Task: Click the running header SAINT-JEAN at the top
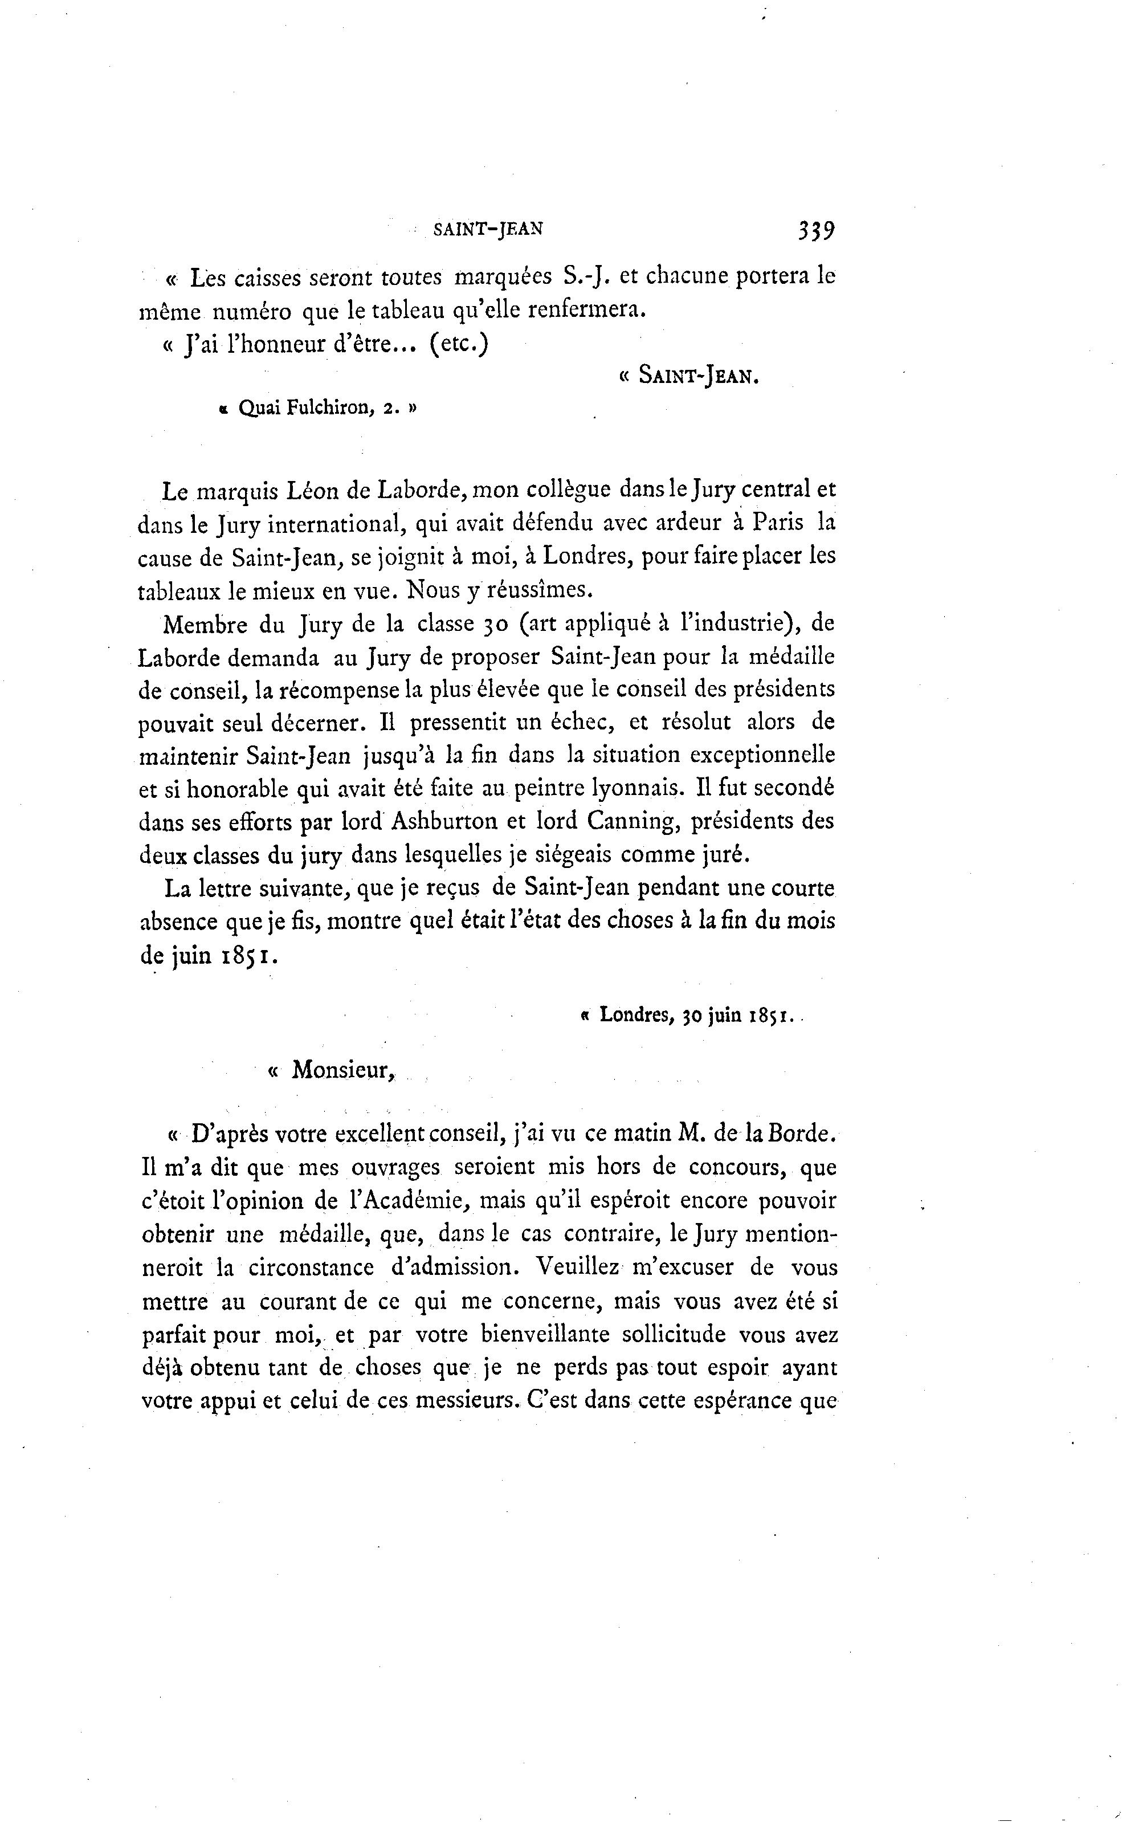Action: coord(488,229)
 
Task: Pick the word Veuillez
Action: coord(577,1267)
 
